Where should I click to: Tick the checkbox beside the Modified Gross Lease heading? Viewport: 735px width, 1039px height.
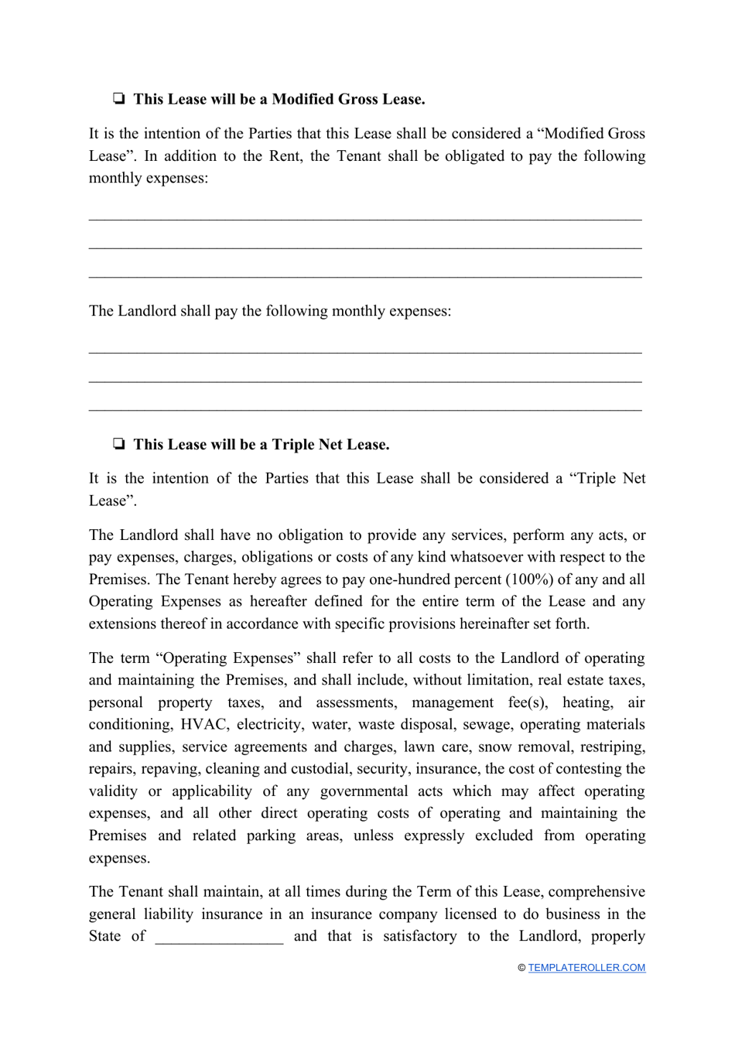[x=119, y=99]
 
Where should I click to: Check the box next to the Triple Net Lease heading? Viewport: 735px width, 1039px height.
[x=119, y=444]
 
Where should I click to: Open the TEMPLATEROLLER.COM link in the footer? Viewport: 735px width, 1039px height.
[x=586, y=968]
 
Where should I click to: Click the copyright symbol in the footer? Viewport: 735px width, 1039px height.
[x=521, y=968]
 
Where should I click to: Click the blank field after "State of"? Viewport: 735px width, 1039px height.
[x=219, y=937]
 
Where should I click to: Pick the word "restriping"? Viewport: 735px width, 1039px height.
[x=610, y=747]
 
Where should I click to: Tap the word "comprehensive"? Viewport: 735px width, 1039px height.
[x=596, y=891]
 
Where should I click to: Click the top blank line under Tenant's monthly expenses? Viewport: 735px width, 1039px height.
[x=365, y=217]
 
